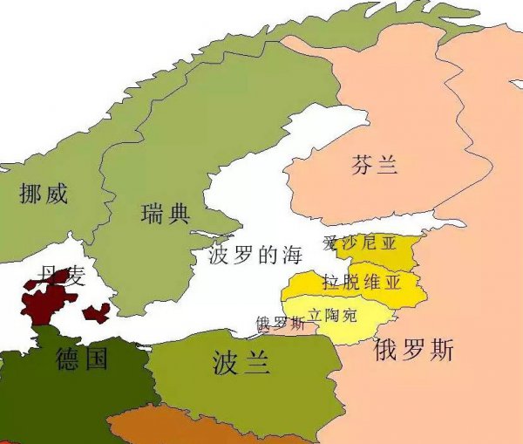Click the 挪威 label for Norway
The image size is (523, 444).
[x=43, y=193]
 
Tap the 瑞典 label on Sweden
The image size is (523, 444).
[x=165, y=213]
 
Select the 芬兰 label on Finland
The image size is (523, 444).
[x=375, y=164]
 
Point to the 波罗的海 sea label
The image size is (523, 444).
[x=255, y=256]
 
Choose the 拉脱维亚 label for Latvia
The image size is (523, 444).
[x=362, y=282]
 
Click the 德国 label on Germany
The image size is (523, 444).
[x=81, y=358]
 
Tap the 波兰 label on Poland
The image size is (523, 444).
[x=241, y=363]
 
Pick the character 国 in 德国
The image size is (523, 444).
[x=95, y=358]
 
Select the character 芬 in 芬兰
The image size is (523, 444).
[x=363, y=164]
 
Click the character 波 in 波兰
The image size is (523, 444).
[x=226, y=363]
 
